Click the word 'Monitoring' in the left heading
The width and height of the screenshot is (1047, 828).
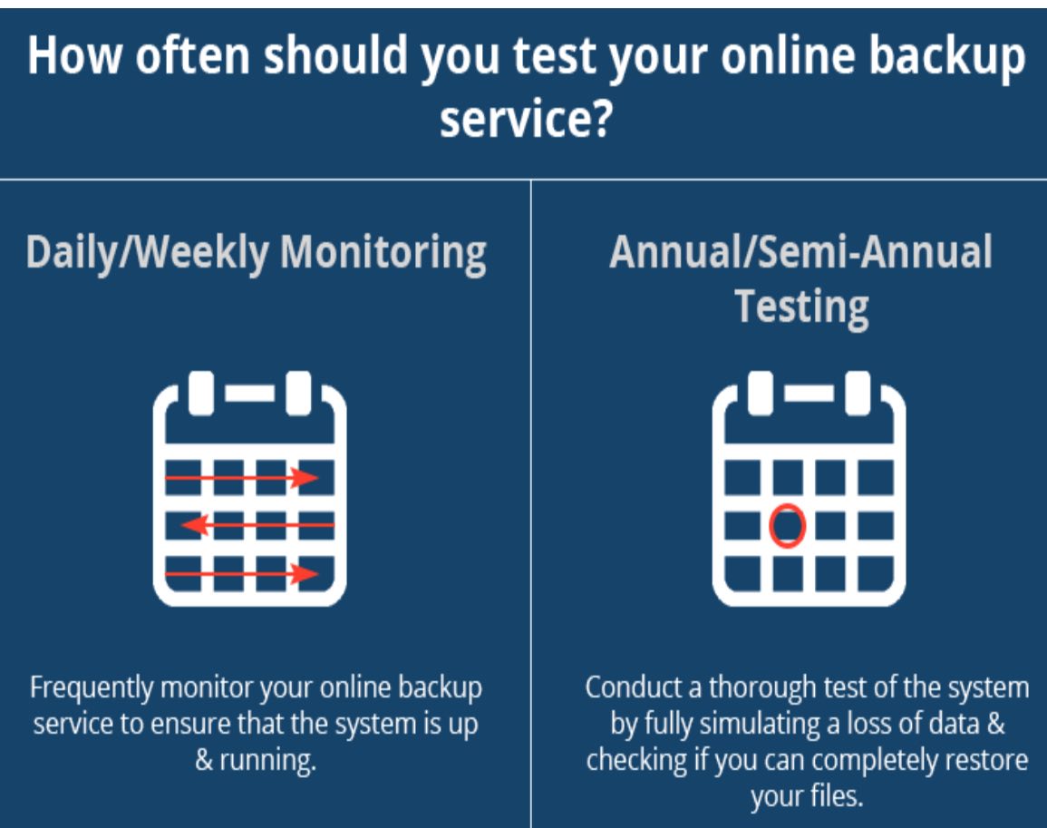coord(383,253)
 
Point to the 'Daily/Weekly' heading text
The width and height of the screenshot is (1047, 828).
coord(147,253)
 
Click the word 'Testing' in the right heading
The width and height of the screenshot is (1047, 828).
coord(801,307)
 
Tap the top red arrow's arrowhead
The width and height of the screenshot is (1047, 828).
coord(306,477)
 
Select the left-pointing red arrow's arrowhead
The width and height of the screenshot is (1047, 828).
coord(194,524)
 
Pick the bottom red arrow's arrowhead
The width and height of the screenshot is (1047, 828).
coord(306,573)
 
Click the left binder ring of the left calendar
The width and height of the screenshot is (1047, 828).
coord(201,393)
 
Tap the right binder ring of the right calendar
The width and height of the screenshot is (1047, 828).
coord(858,393)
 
